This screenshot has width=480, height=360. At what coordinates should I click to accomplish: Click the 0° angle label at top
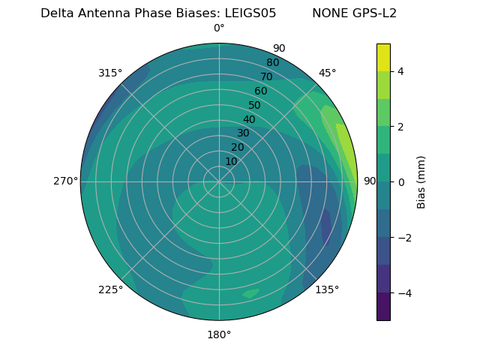(219, 28)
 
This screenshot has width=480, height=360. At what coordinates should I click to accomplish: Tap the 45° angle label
(327, 73)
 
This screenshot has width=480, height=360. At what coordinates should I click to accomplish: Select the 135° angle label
(327, 289)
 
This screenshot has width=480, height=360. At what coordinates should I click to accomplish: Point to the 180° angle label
(219, 334)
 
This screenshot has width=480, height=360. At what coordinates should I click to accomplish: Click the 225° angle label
(110, 289)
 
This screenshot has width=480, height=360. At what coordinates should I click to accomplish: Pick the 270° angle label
(66, 181)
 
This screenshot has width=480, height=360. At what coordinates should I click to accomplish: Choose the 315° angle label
(110, 73)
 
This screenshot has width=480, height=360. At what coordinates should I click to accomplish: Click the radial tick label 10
(231, 161)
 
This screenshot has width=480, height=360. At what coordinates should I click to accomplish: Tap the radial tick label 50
(254, 106)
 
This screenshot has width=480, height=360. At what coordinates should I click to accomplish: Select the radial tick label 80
(272, 62)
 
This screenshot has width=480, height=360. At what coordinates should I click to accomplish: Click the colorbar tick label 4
(401, 71)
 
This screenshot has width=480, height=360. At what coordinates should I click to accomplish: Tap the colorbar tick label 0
(401, 182)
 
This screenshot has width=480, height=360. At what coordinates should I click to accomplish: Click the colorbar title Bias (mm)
(421, 182)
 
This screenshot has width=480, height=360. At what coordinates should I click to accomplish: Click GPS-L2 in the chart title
(372, 13)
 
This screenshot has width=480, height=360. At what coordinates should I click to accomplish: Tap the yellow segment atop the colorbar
(383, 57)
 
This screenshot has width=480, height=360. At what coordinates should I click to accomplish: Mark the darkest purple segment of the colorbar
(383, 307)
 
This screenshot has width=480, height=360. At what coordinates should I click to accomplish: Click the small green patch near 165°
(250, 293)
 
